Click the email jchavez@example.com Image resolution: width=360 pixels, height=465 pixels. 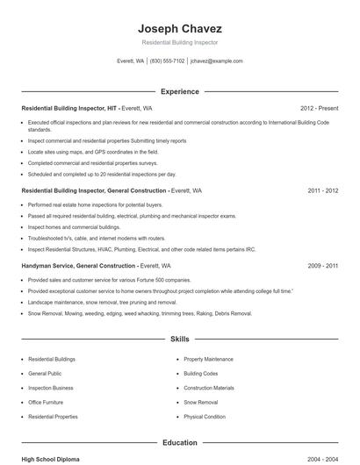216,61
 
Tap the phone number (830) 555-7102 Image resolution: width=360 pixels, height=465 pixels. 167,61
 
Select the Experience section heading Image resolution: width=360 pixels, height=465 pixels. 180,91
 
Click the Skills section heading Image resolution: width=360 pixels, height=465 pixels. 180,338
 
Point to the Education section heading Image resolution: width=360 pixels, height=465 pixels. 180,443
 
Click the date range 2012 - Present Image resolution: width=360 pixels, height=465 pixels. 319,108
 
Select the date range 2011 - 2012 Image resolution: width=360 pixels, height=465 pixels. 323,190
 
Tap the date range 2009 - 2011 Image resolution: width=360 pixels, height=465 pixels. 323,265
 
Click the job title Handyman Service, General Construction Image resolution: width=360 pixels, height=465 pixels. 78,265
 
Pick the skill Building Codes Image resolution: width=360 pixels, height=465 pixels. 201,373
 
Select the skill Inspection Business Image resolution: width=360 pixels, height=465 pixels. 51,388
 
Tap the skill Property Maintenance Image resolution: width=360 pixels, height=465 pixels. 209,359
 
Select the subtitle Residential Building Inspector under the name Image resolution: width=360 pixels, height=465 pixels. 180,42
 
